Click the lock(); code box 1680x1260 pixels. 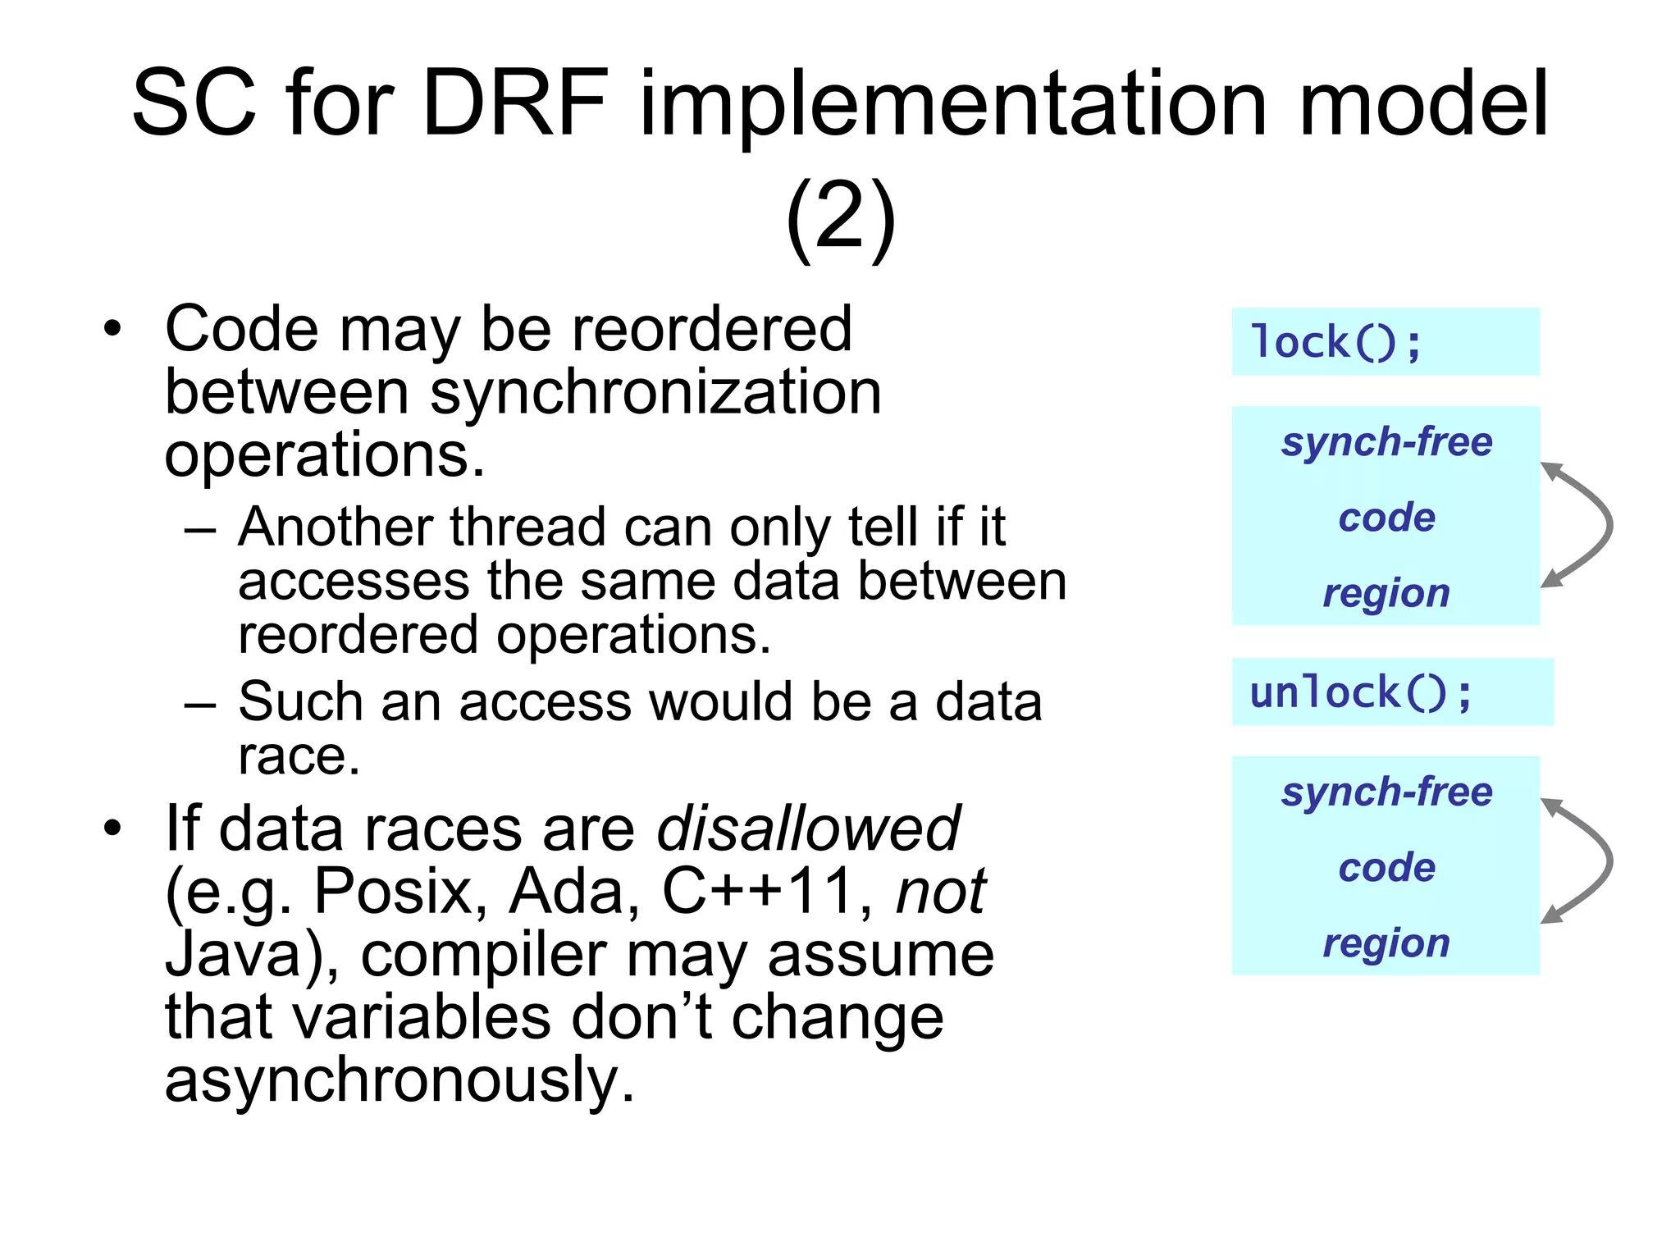(1385, 342)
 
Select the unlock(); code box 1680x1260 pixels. (1392, 692)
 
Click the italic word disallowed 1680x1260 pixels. (808, 829)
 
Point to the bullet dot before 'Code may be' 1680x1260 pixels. (112, 330)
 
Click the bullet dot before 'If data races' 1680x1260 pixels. (112, 829)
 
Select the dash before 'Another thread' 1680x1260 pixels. (200, 529)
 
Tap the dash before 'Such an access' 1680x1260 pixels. (200, 705)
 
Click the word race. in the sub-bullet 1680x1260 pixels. (299, 756)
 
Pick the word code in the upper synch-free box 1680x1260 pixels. (1386, 518)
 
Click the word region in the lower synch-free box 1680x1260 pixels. (1386, 943)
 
